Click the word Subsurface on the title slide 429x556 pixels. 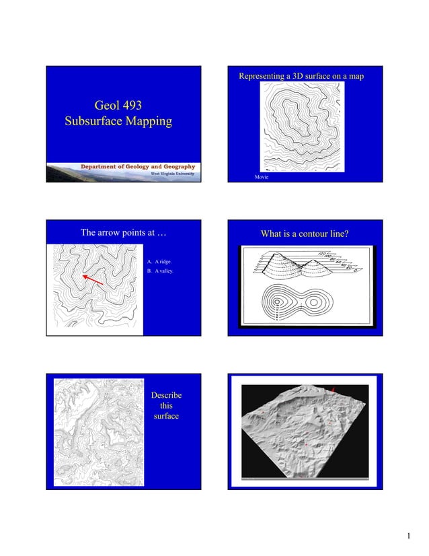click(92, 122)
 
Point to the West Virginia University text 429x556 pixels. click(172, 173)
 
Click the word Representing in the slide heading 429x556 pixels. click(262, 77)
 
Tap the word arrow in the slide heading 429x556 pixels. click(116, 233)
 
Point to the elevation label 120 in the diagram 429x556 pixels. click(321, 254)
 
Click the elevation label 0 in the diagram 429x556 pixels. click(355, 272)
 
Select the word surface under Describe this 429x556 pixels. click(166, 417)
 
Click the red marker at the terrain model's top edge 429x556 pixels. click(331, 389)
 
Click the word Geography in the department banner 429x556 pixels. click(177, 166)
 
